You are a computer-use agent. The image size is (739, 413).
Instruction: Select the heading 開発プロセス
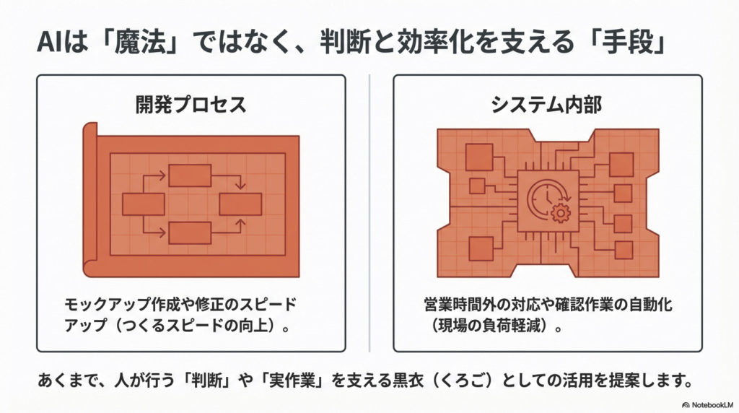(x=191, y=104)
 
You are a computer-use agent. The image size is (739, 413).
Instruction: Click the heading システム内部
(x=547, y=104)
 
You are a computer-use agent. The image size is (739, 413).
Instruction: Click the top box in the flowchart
(x=190, y=175)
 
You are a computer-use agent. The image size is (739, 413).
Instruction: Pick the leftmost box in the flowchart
(x=144, y=204)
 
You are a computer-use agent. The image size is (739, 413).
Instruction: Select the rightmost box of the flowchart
(x=240, y=204)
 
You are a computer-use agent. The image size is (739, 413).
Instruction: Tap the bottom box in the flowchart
(x=190, y=233)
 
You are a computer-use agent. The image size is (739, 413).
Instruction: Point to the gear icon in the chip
(x=560, y=213)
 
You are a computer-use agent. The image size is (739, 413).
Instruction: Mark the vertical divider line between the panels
(x=369, y=213)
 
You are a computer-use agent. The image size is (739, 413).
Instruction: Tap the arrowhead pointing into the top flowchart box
(x=162, y=175)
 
